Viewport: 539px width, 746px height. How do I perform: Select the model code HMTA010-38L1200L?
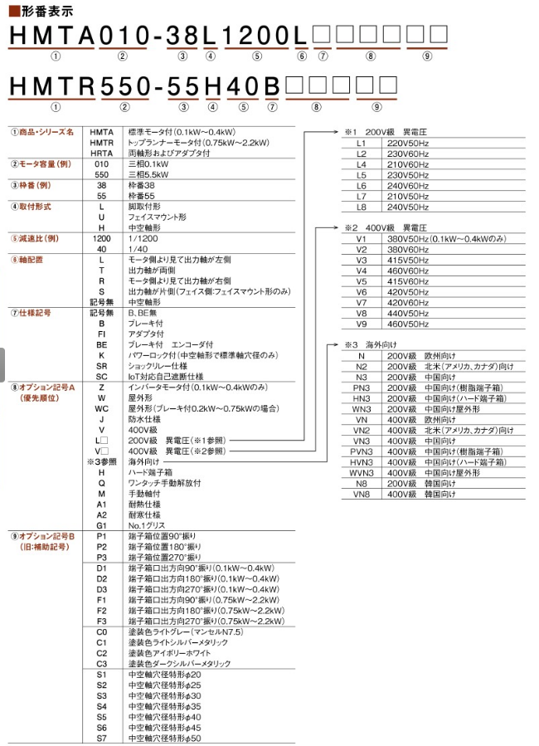[x=158, y=37]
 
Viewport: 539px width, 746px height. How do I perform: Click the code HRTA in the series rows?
[x=101, y=154]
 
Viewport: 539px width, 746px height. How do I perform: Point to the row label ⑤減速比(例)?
[x=36, y=238]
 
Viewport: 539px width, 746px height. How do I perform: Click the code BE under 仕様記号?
[x=101, y=344]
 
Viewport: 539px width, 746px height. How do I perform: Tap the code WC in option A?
[x=101, y=408]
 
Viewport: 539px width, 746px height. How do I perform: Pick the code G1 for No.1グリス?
[x=101, y=525]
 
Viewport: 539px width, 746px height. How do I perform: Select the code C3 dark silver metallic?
[x=101, y=664]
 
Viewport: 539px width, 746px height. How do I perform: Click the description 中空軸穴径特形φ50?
[x=164, y=738]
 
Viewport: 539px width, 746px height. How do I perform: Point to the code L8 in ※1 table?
[x=361, y=207]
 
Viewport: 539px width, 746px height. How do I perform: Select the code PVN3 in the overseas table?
[x=361, y=451]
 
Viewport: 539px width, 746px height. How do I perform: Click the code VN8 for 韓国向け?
[x=361, y=494]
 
